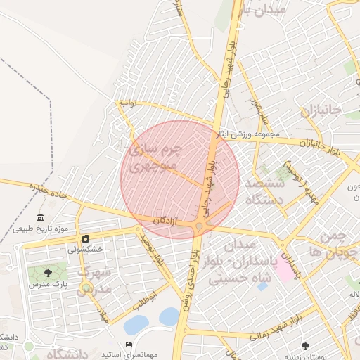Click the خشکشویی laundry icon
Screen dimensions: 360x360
click(x=86, y=238)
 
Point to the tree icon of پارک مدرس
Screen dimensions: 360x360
click(x=48, y=271)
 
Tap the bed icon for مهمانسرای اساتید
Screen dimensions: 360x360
click(x=128, y=344)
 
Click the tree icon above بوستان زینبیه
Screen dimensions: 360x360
click(x=304, y=345)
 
